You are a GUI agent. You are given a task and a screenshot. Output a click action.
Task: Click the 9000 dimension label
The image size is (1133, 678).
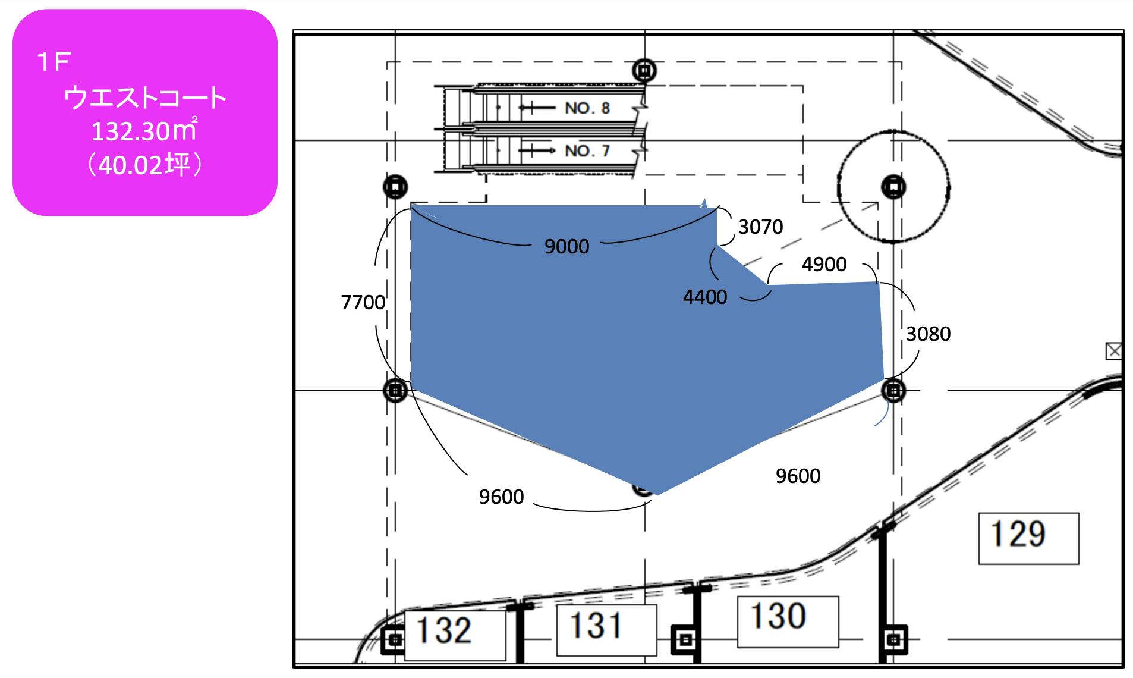[x=566, y=246]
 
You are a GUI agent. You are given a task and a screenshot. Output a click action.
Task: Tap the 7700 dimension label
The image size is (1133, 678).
[x=363, y=302]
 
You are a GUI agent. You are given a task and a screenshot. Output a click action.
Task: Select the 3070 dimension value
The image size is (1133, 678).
[x=760, y=227]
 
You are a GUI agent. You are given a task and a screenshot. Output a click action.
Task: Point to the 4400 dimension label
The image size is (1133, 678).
[x=705, y=297]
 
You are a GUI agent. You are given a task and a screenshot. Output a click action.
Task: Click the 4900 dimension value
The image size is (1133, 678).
[x=824, y=264]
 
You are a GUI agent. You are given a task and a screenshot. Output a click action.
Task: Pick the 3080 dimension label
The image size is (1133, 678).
[x=928, y=334]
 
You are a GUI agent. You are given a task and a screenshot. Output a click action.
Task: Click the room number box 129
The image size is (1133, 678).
[x=1028, y=538]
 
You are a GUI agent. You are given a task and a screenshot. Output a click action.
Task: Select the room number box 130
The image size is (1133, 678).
[x=788, y=621]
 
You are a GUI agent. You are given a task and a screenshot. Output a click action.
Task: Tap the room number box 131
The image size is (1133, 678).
[x=606, y=630]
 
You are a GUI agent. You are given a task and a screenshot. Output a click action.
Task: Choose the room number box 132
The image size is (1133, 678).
[x=455, y=635]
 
